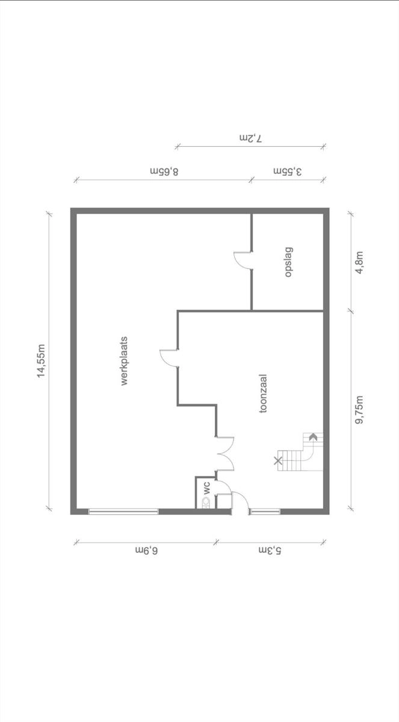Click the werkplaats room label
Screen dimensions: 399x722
pos(125,361)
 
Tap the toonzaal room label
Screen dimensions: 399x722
pos(264,393)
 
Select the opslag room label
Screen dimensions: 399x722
pos(289,262)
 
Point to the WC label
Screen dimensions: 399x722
pos(206,488)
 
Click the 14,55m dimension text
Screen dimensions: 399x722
pos(41,360)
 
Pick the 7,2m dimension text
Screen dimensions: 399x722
pos(250,138)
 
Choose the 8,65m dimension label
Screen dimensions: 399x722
pos(164,171)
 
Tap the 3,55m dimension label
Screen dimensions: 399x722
pos(288,171)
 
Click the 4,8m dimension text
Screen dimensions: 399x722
pos(359,263)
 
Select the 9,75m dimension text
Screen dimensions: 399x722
pos(359,410)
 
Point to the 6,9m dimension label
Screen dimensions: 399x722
pos(147,550)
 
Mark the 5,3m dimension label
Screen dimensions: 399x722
pos(270,550)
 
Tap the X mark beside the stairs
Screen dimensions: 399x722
pos(277,461)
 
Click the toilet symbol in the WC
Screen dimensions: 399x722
pos(206,503)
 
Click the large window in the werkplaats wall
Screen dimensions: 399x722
pos(123,511)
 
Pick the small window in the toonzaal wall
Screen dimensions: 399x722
pos(266,511)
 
